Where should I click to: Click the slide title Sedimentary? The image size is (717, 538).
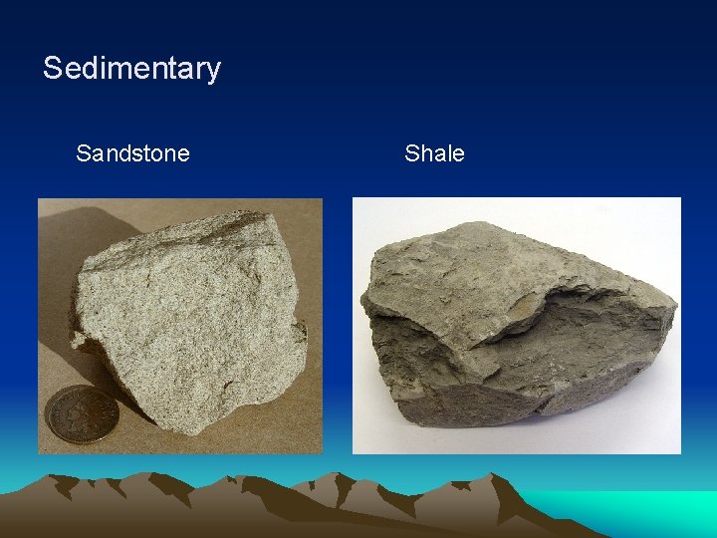(131, 69)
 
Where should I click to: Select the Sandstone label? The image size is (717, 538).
(132, 153)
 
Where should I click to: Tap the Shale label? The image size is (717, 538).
(434, 153)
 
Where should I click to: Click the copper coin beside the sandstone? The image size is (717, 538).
(82, 413)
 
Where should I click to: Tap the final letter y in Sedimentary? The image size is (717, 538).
(212, 72)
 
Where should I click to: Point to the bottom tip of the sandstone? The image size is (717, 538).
(203, 430)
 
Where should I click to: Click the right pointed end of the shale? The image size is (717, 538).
(672, 304)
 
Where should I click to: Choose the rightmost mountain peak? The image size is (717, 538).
(503, 479)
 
